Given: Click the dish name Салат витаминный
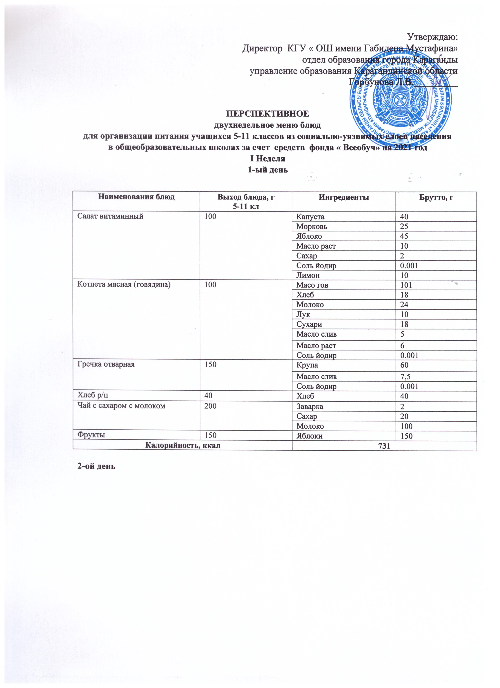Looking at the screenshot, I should click(x=110, y=216).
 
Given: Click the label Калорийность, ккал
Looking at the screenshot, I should click(x=183, y=445).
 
